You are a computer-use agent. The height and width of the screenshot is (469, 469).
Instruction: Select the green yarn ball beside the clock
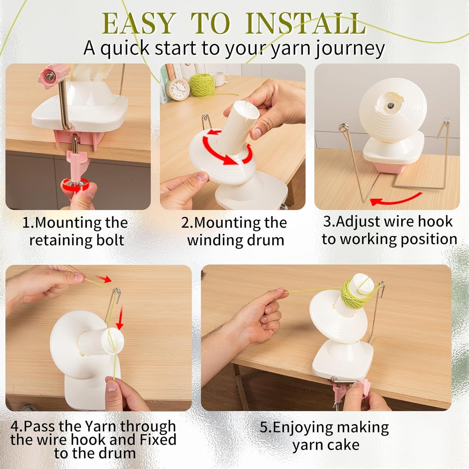pos(202,85)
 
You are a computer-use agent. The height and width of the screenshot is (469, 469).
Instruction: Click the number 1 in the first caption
pos(26,223)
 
